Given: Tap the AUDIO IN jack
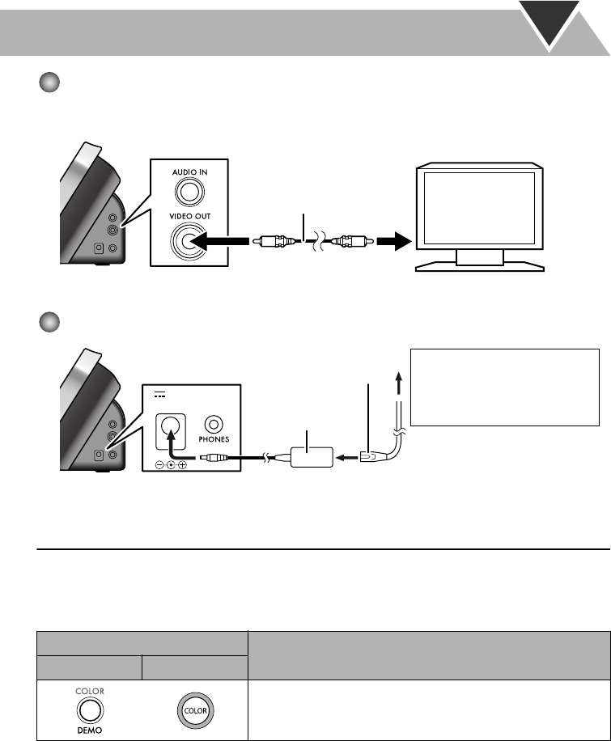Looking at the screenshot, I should (x=189, y=191).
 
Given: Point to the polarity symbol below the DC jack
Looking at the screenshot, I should (x=170, y=464).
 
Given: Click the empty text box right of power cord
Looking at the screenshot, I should (x=504, y=387).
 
